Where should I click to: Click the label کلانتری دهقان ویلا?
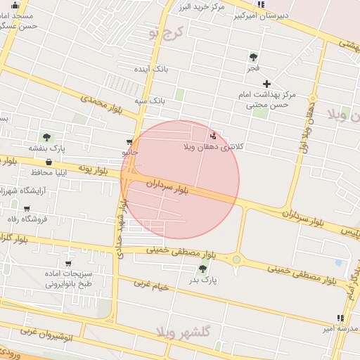[x=213, y=147]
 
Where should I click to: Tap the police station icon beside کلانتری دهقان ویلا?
[x=213, y=136]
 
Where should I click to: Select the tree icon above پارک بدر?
[x=203, y=269]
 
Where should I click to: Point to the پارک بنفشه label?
[x=47, y=148]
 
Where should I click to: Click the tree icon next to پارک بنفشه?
[x=46, y=137]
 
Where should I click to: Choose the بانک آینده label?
[x=153, y=70]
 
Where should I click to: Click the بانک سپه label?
[x=151, y=101]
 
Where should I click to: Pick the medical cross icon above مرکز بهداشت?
[x=266, y=84]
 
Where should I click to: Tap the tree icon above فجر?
[x=253, y=57]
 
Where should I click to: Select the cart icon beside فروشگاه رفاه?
[x=27, y=209]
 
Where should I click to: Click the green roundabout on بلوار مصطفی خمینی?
[x=236, y=259]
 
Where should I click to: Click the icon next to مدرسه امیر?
[x=340, y=318]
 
